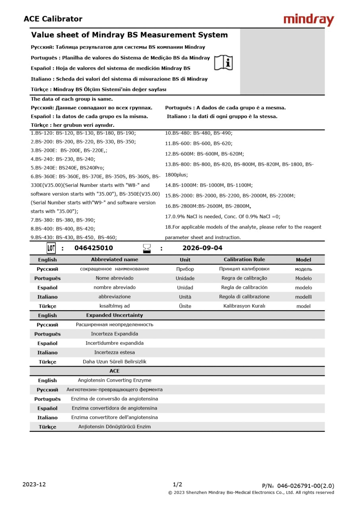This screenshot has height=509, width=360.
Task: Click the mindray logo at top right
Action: point(309,19)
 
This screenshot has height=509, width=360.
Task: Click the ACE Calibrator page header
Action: point(53,19)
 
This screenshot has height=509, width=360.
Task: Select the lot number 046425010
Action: point(93,248)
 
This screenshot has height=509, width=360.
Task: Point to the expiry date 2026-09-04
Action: point(202,248)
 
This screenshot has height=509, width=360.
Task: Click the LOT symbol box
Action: point(51,248)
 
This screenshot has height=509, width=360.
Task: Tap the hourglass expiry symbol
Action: point(147,249)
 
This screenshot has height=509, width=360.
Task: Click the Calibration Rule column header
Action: point(244,260)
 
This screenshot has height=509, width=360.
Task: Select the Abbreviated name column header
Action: point(115,260)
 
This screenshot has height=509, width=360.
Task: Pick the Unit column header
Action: point(185,260)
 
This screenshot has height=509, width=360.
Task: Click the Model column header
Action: point(304,260)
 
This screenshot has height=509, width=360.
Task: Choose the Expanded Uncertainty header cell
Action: point(115,315)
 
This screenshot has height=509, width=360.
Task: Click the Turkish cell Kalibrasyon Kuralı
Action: point(244,306)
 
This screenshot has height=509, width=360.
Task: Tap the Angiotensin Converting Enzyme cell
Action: point(115,381)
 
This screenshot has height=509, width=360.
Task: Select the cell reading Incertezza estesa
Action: point(115,352)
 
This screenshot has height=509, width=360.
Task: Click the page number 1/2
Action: point(177,484)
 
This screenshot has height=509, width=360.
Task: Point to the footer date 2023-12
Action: point(34,484)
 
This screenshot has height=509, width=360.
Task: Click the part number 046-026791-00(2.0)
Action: point(306,486)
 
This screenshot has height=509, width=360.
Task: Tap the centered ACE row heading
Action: point(115,371)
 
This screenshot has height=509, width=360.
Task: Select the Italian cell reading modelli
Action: point(304,297)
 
